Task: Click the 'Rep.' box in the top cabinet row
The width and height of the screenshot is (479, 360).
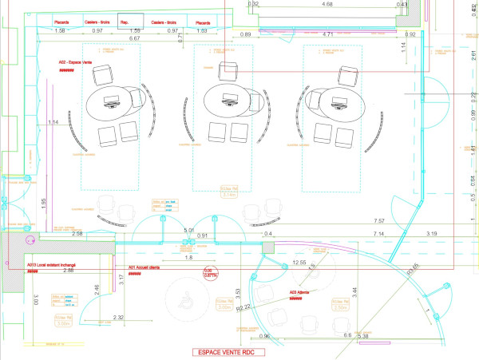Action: click(125, 22)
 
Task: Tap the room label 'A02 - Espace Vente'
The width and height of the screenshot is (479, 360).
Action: click(76, 61)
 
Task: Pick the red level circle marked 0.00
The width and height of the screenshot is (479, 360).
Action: click(210, 273)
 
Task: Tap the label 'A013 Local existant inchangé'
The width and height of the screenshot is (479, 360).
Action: click(51, 264)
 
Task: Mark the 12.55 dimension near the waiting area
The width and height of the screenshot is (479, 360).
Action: click(299, 263)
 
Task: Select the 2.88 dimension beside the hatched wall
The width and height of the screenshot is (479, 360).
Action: click(69, 271)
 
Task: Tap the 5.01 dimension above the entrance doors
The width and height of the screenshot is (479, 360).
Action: click(188, 231)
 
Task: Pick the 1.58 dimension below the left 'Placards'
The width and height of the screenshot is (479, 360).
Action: click(59, 30)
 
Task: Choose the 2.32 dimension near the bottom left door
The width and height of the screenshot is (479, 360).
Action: click(118, 318)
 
